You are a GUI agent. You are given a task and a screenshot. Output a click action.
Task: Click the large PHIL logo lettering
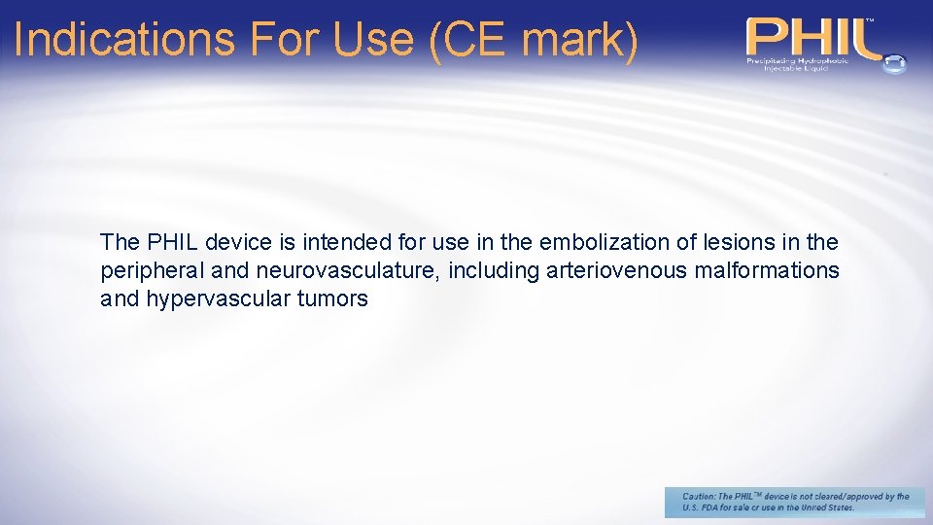[812, 37]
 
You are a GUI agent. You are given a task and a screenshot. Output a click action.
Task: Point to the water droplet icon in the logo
[893, 62]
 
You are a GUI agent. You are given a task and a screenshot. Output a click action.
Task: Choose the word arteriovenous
[616, 270]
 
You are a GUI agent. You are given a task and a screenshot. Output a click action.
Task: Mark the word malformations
[767, 270]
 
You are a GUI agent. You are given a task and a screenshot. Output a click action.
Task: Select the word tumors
[333, 298]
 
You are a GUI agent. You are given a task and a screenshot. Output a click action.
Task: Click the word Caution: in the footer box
[700, 496]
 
